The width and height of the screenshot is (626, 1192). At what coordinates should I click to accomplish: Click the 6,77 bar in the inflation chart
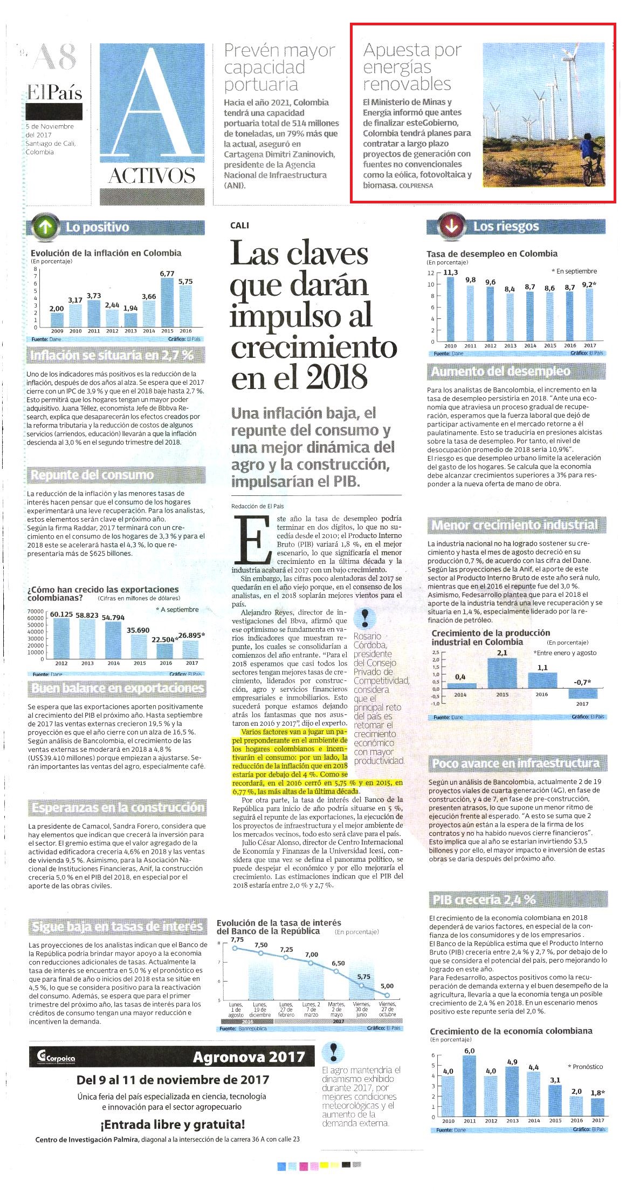[167, 303]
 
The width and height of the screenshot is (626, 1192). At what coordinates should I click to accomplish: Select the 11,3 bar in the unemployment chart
[450, 309]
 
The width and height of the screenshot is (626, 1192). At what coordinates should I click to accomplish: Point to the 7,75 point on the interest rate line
[235, 947]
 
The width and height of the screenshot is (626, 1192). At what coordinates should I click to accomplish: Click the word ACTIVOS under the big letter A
[152, 176]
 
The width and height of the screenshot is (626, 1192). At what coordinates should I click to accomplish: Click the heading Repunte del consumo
[92, 475]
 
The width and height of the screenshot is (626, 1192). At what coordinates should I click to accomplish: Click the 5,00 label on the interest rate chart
[387, 986]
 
